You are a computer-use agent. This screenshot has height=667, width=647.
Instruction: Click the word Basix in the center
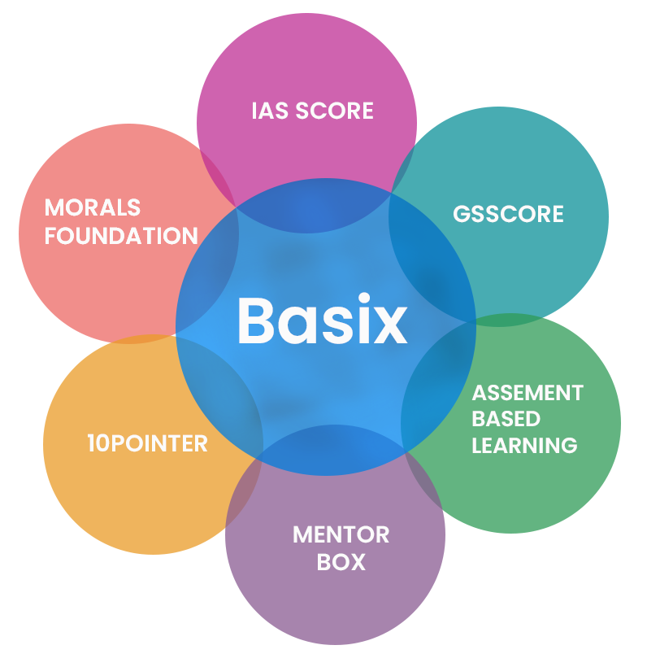coord(322,320)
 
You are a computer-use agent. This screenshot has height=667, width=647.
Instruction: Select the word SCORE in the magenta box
coord(334,111)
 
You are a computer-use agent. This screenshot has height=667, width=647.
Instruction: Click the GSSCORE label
coord(508,214)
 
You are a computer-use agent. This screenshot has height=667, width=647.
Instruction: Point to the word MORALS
coord(93,207)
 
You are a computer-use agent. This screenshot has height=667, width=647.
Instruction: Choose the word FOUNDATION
coord(121,236)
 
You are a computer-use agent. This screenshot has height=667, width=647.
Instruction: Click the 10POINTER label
coord(147,443)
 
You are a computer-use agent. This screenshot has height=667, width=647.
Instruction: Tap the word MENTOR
coord(341,534)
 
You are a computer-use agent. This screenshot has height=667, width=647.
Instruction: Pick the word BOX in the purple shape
coord(341,562)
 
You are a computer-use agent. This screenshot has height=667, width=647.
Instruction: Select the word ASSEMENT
coord(528,393)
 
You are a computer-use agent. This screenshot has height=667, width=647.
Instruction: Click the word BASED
coord(506,419)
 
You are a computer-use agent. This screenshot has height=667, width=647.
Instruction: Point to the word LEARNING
coord(524,446)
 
